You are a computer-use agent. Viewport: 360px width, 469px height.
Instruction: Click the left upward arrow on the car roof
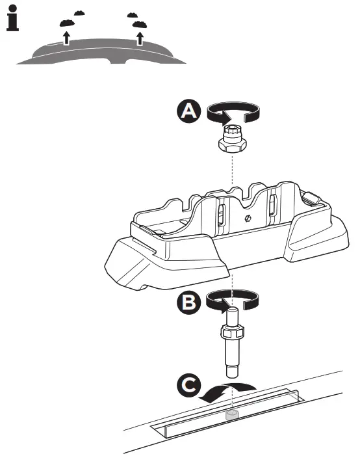coord(66,36)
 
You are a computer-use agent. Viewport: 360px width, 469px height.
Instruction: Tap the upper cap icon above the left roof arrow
coord(79,12)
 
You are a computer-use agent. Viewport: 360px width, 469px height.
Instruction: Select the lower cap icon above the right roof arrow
coord(138,24)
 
